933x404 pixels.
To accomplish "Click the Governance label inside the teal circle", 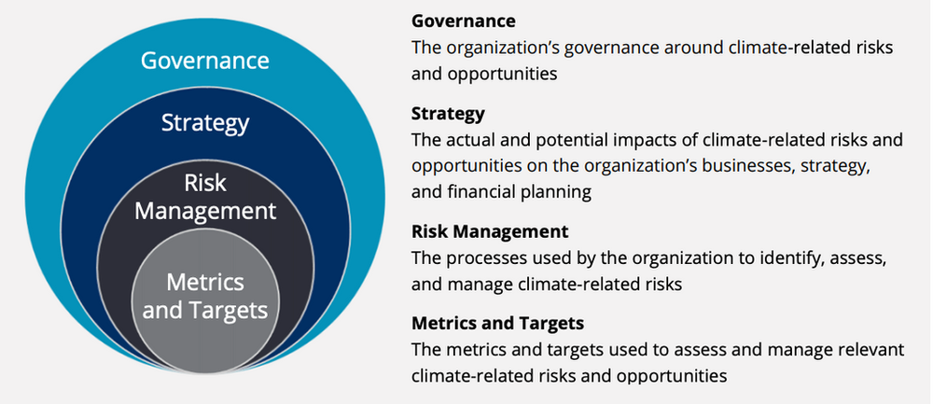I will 204,62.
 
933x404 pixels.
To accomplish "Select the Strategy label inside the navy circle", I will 204,123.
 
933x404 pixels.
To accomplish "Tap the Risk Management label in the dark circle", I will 204,196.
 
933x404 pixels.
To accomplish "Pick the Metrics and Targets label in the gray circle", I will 204,296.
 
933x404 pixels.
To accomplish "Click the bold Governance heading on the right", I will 464,21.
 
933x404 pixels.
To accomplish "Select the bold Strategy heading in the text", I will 448,114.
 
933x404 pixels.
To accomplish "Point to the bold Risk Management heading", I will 490,231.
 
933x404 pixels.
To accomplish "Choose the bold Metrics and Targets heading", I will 497,324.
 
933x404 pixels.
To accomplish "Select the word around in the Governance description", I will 671,48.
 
